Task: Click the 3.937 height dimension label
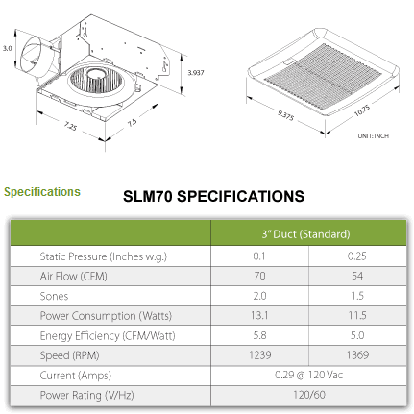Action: (x=196, y=73)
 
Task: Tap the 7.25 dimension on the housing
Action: (x=70, y=126)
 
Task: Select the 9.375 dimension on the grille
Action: (x=285, y=115)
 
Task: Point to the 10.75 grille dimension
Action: (x=362, y=110)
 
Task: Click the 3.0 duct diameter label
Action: (x=8, y=48)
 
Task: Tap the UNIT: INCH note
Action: (x=374, y=136)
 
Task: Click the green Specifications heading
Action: (x=42, y=192)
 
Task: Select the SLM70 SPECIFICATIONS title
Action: (x=213, y=196)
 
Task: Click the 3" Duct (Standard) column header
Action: (x=305, y=234)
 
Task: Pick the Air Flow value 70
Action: (x=259, y=276)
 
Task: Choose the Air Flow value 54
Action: (x=357, y=276)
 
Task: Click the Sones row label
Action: (x=54, y=296)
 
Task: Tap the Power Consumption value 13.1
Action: (x=259, y=315)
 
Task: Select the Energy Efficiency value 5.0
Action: (x=357, y=335)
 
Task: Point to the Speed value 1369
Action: (x=357, y=354)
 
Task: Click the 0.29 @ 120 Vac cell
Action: (x=308, y=375)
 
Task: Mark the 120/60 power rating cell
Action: (x=309, y=395)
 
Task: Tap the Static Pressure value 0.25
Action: (x=357, y=256)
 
